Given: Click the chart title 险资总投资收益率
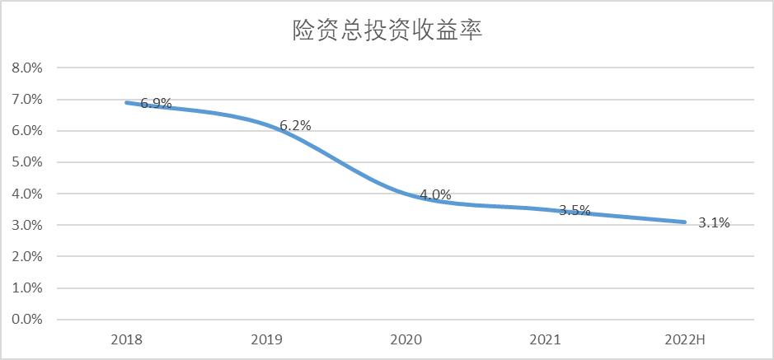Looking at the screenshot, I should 387,30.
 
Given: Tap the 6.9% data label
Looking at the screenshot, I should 156,103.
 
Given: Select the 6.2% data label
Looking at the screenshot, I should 295,125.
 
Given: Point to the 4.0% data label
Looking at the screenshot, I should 435,194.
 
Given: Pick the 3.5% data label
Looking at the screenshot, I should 575,210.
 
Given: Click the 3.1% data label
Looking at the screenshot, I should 714,222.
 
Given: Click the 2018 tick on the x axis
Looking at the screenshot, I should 126,339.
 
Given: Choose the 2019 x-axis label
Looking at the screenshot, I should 265,339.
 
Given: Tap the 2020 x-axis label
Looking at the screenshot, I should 406,339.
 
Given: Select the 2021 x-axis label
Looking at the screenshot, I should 545,339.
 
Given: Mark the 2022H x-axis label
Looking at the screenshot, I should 684,339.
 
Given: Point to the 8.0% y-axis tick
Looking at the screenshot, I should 26,68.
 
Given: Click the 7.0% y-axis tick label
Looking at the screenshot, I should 26,99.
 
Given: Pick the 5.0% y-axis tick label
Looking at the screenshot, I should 26,162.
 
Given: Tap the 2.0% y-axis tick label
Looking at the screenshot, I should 26,256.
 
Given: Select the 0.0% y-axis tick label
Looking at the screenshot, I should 26,320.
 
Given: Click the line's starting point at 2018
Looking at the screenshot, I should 126,102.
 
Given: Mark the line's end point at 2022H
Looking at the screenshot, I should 684,222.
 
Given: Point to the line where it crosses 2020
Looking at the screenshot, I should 406,194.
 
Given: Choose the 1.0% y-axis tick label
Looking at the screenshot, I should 26,288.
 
